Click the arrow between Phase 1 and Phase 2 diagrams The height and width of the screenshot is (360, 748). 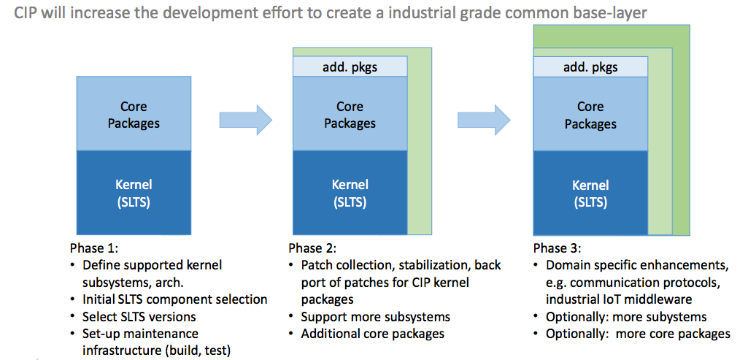point(245,120)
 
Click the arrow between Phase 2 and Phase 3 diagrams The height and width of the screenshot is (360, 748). point(484,120)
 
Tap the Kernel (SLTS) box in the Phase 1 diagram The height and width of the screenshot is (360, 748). point(134,193)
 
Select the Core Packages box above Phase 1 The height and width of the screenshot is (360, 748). point(134,114)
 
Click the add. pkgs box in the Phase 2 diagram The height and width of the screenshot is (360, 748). point(350,67)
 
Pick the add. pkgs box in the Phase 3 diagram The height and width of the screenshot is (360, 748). point(590,67)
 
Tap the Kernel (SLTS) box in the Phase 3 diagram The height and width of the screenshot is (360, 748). point(590,193)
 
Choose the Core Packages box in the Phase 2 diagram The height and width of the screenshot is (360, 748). point(350,114)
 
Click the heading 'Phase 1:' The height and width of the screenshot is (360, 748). point(91,249)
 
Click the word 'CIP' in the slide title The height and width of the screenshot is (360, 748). point(26,13)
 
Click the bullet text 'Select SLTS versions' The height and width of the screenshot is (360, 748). point(139,317)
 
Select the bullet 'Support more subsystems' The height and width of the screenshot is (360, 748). point(375,317)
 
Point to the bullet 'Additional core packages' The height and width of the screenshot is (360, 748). point(373,334)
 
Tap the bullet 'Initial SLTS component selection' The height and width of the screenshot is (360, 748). point(174,299)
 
